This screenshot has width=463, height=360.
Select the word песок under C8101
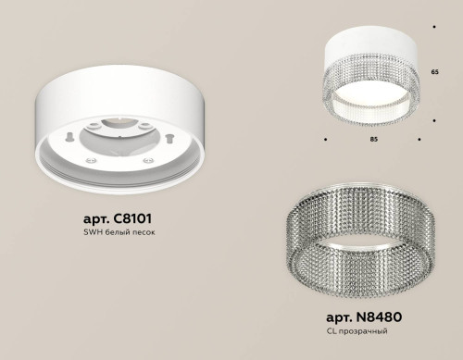[144, 233]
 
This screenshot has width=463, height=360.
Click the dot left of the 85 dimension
[325, 140]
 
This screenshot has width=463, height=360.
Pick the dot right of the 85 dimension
[420, 140]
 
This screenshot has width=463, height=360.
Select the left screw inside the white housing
[94, 158]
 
